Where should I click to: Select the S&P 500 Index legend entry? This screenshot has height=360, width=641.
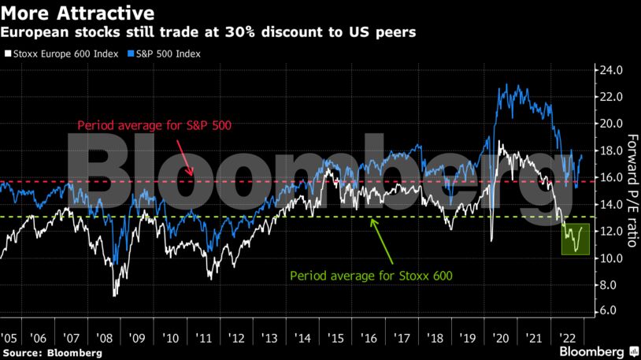[x=164, y=54]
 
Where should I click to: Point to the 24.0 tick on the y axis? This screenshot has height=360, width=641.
[x=613, y=70]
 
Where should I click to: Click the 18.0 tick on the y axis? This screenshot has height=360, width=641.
[x=613, y=150]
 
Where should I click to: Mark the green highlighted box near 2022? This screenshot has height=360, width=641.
[x=576, y=238]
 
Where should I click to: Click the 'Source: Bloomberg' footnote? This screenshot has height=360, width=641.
[x=52, y=352]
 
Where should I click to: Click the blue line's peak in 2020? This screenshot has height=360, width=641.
[x=506, y=86]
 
